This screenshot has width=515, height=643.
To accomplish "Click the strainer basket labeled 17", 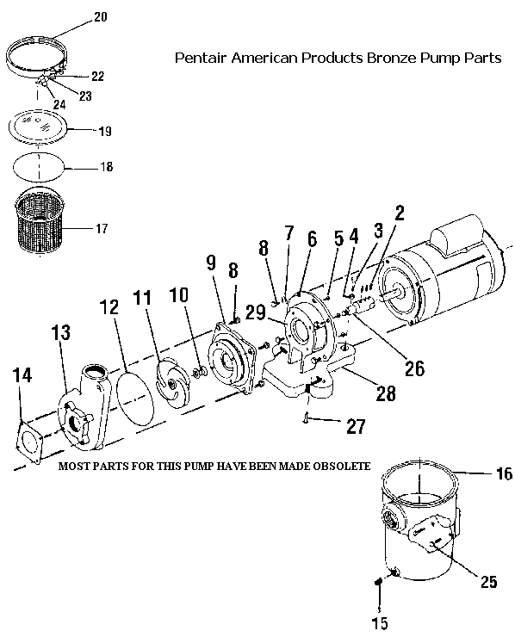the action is coord(40,220).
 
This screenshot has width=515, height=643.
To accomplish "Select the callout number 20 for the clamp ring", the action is coord(100,17).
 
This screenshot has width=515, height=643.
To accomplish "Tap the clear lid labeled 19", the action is coord(38,127).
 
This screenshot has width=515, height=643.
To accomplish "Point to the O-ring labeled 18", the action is coord(40,167).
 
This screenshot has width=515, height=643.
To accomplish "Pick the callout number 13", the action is coord(61,332).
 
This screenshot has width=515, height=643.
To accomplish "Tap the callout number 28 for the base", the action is coord(386,393).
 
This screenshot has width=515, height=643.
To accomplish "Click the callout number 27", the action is coord(356,426).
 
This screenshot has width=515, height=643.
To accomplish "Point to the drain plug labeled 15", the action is coord(378,582).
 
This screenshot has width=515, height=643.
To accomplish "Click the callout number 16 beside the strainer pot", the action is coord(504,473).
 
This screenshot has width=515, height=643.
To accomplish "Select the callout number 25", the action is coord(488,582).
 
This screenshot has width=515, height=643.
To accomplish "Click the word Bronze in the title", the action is coord(392,58).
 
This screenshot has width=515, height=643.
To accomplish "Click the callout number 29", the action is coord(255,313).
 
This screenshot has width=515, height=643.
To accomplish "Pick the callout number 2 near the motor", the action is coord(400,213).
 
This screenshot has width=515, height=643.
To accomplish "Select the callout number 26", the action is coord(414,368).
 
